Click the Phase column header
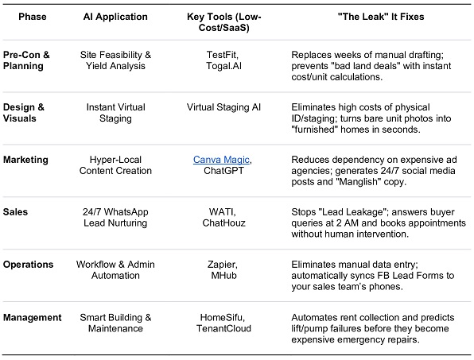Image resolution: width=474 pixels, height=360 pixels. [33, 17]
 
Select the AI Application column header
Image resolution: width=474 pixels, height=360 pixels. [115, 17]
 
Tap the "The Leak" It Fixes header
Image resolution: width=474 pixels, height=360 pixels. [381, 17]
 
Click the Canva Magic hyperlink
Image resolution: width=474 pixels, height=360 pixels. [221, 160]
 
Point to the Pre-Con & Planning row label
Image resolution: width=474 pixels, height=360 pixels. [26, 60]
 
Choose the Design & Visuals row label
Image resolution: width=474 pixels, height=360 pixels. [24, 113]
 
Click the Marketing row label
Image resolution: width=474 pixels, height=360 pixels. [25, 160]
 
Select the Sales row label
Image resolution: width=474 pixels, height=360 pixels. [15, 212]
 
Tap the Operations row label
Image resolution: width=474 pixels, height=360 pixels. [28, 265]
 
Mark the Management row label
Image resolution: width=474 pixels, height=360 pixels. [33, 317]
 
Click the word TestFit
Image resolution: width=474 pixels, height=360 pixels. [222, 55]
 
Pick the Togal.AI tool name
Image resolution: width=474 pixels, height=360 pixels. [223, 66]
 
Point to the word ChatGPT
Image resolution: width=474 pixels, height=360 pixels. [223, 171]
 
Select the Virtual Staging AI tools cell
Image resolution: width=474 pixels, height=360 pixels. [223, 107]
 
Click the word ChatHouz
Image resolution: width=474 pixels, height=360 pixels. [223, 223]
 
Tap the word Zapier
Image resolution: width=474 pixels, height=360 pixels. [223, 265]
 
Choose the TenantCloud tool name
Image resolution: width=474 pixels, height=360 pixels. [223, 328]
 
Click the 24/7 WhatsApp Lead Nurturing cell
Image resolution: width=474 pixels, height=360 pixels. [115, 218]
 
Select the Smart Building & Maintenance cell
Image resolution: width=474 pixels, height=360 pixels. [115, 323]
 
